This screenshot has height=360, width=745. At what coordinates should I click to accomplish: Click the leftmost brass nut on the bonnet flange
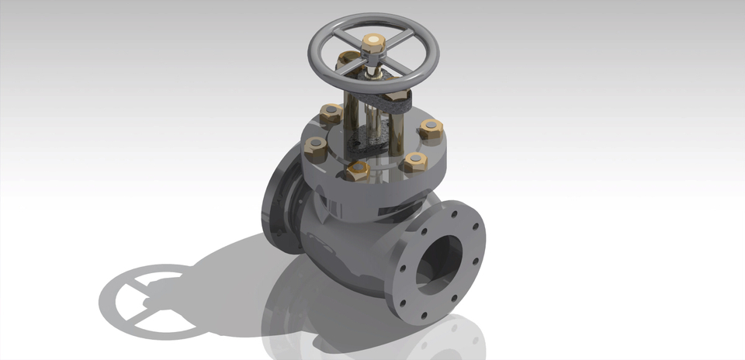(x=315, y=147)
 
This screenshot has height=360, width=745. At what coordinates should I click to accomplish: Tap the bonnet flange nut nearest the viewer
(x=358, y=171)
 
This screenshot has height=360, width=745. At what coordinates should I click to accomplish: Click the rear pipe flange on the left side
(x=276, y=206)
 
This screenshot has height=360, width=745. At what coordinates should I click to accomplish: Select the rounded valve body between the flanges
(x=341, y=248)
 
